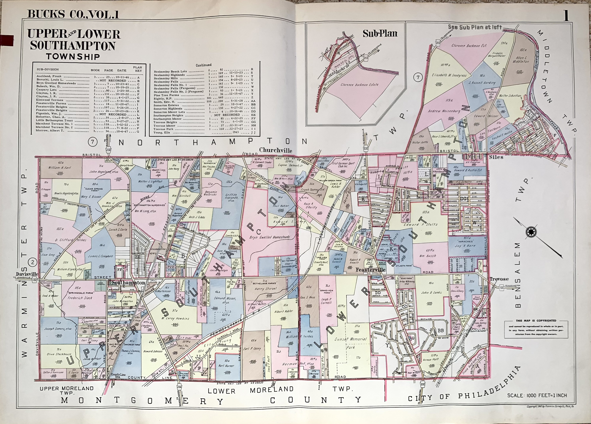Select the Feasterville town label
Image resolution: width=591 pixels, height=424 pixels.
(x=370, y=270)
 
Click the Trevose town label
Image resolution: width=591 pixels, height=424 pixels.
(x=499, y=279)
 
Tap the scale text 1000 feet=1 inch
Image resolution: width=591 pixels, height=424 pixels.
(x=537, y=395)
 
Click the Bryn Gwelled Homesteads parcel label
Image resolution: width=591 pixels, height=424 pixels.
(x=269, y=237)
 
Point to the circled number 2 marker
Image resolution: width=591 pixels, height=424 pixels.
(x=33, y=262)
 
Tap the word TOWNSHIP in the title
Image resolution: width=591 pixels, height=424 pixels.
(x=73, y=57)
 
